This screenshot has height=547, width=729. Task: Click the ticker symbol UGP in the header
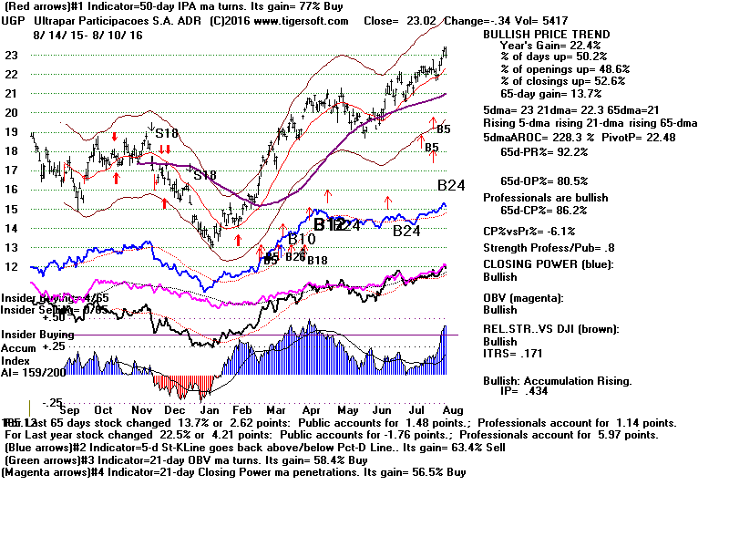(x=15, y=19)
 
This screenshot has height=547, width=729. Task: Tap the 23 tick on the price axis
(x=11, y=55)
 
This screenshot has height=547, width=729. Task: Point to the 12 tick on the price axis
(x=11, y=267)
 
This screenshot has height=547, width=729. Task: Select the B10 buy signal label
(x=301, y=239)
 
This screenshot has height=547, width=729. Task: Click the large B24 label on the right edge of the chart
(x=451, y=185)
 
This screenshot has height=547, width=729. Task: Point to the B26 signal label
(x=294, y=257)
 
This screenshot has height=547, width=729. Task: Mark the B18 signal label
(x=317, y=261)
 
